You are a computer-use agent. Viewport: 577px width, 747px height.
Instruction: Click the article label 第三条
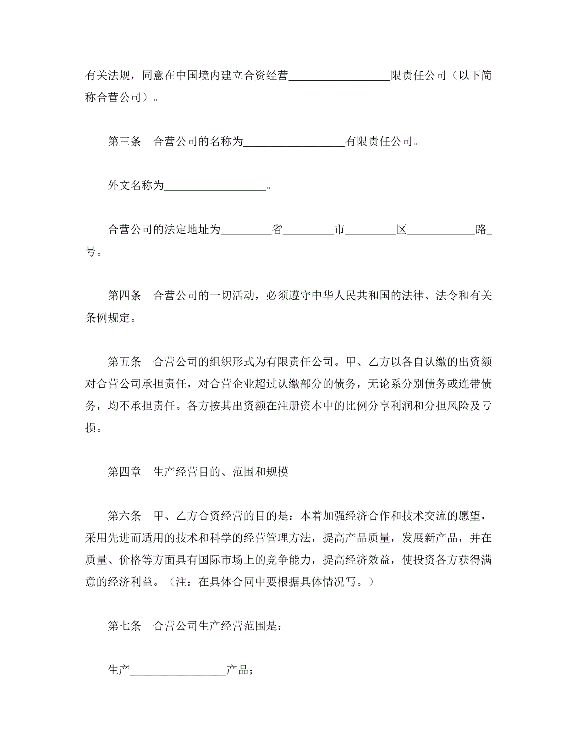[124, 141]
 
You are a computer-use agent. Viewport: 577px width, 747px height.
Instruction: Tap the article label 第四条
[124, 296]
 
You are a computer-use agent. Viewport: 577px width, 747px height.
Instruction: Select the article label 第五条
[124, 362]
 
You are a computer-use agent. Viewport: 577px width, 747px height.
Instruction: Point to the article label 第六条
[124, 516]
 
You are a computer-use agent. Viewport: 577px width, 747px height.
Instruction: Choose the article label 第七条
[124, 626]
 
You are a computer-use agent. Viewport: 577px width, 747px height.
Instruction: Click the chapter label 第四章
[124, 472]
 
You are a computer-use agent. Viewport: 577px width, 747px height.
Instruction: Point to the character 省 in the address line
[277, 230]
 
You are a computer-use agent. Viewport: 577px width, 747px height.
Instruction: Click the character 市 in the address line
[339, 230]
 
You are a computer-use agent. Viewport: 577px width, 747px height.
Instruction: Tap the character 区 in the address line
[402, 230]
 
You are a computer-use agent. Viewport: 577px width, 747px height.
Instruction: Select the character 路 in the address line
[481, 230]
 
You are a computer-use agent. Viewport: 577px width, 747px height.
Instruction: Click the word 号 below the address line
[91, 252]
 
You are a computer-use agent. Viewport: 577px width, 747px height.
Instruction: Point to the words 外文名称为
[136, 185]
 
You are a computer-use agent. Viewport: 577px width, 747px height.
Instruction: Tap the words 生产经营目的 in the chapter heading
[186, 472]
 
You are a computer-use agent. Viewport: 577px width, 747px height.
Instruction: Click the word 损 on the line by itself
[91, 428]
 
